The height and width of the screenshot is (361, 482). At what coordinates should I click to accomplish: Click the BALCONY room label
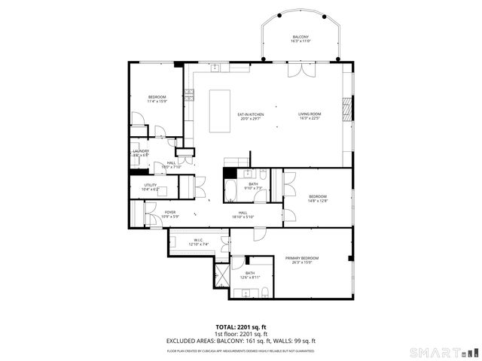click(300, 37)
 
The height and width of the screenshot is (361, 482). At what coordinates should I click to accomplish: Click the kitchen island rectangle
click(219, 102)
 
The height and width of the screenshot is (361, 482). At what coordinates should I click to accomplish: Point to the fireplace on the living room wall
click(346, 109)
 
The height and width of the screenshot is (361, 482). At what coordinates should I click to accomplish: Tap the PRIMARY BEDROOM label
click(302, 258)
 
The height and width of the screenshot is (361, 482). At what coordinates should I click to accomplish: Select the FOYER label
click(170, 213)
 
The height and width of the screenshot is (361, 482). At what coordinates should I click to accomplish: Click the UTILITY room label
click(151, 185)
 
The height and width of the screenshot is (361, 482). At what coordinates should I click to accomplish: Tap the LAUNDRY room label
click(140, 151)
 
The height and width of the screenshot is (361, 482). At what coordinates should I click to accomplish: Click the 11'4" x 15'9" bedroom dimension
click(157, 102)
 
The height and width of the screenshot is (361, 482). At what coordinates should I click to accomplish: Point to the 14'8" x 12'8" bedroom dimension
click(318, 200)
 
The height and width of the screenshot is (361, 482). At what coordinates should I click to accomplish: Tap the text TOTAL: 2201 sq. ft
click(241, 327)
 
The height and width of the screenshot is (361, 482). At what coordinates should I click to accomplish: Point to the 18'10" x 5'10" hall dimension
click(243, 217)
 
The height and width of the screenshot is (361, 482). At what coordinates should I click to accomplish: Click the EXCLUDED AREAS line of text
click(241, 341)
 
